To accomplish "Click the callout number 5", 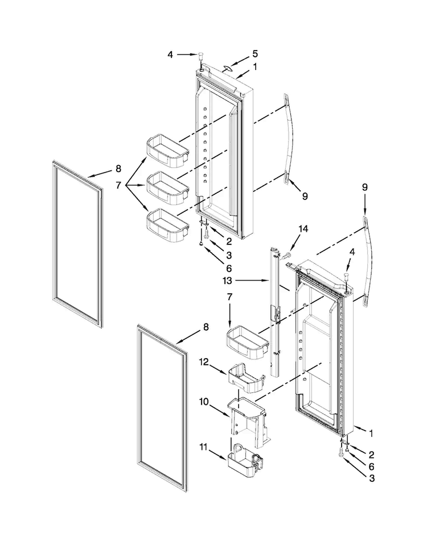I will tap(255, 54).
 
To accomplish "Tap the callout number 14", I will tap(303, 229).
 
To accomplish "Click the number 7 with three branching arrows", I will tap(118, 185).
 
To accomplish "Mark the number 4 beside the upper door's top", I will tap(170, 55).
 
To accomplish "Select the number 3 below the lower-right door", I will tap(371, 479).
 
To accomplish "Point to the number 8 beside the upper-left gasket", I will tap(118, 169).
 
